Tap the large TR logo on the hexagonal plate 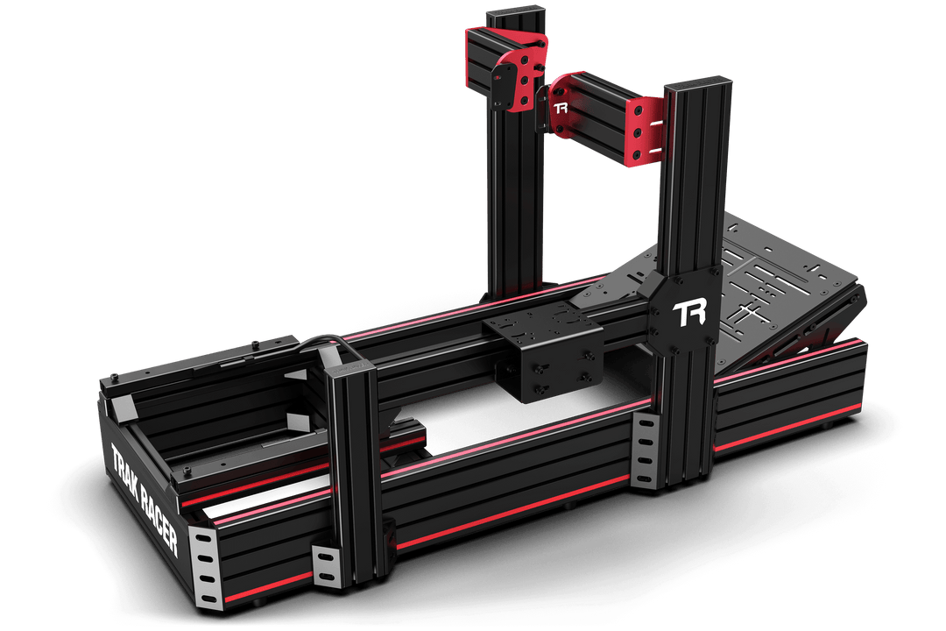pos(684,315)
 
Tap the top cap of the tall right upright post pos(692,88)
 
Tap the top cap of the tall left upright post pos(516,14)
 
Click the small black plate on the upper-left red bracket pos(505,85)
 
